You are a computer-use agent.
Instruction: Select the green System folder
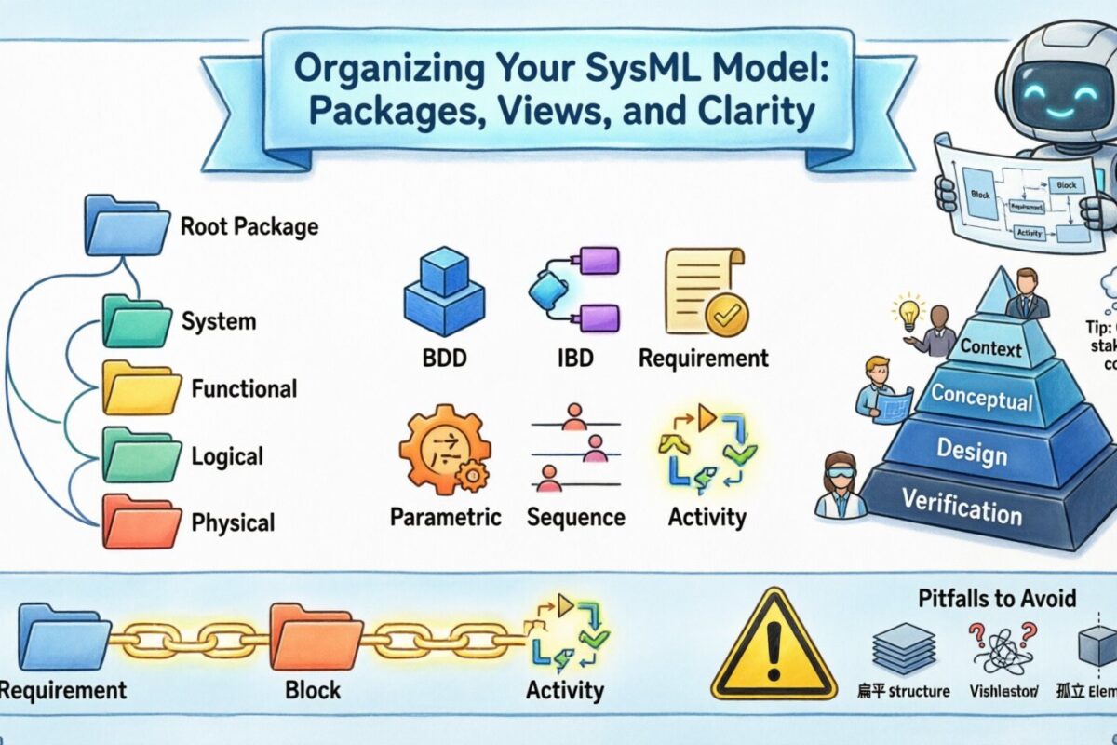pos(140,322)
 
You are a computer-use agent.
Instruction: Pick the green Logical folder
pos(140,455)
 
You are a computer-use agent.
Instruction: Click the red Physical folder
pos(140,521)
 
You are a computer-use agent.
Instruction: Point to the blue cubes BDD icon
pos(443,292)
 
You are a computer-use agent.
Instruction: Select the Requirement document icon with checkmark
pos(703,292)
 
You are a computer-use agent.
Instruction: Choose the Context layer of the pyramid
pos(990,350)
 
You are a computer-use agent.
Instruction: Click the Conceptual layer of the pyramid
pos(981,400)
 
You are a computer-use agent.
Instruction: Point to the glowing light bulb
pos(905,311)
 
